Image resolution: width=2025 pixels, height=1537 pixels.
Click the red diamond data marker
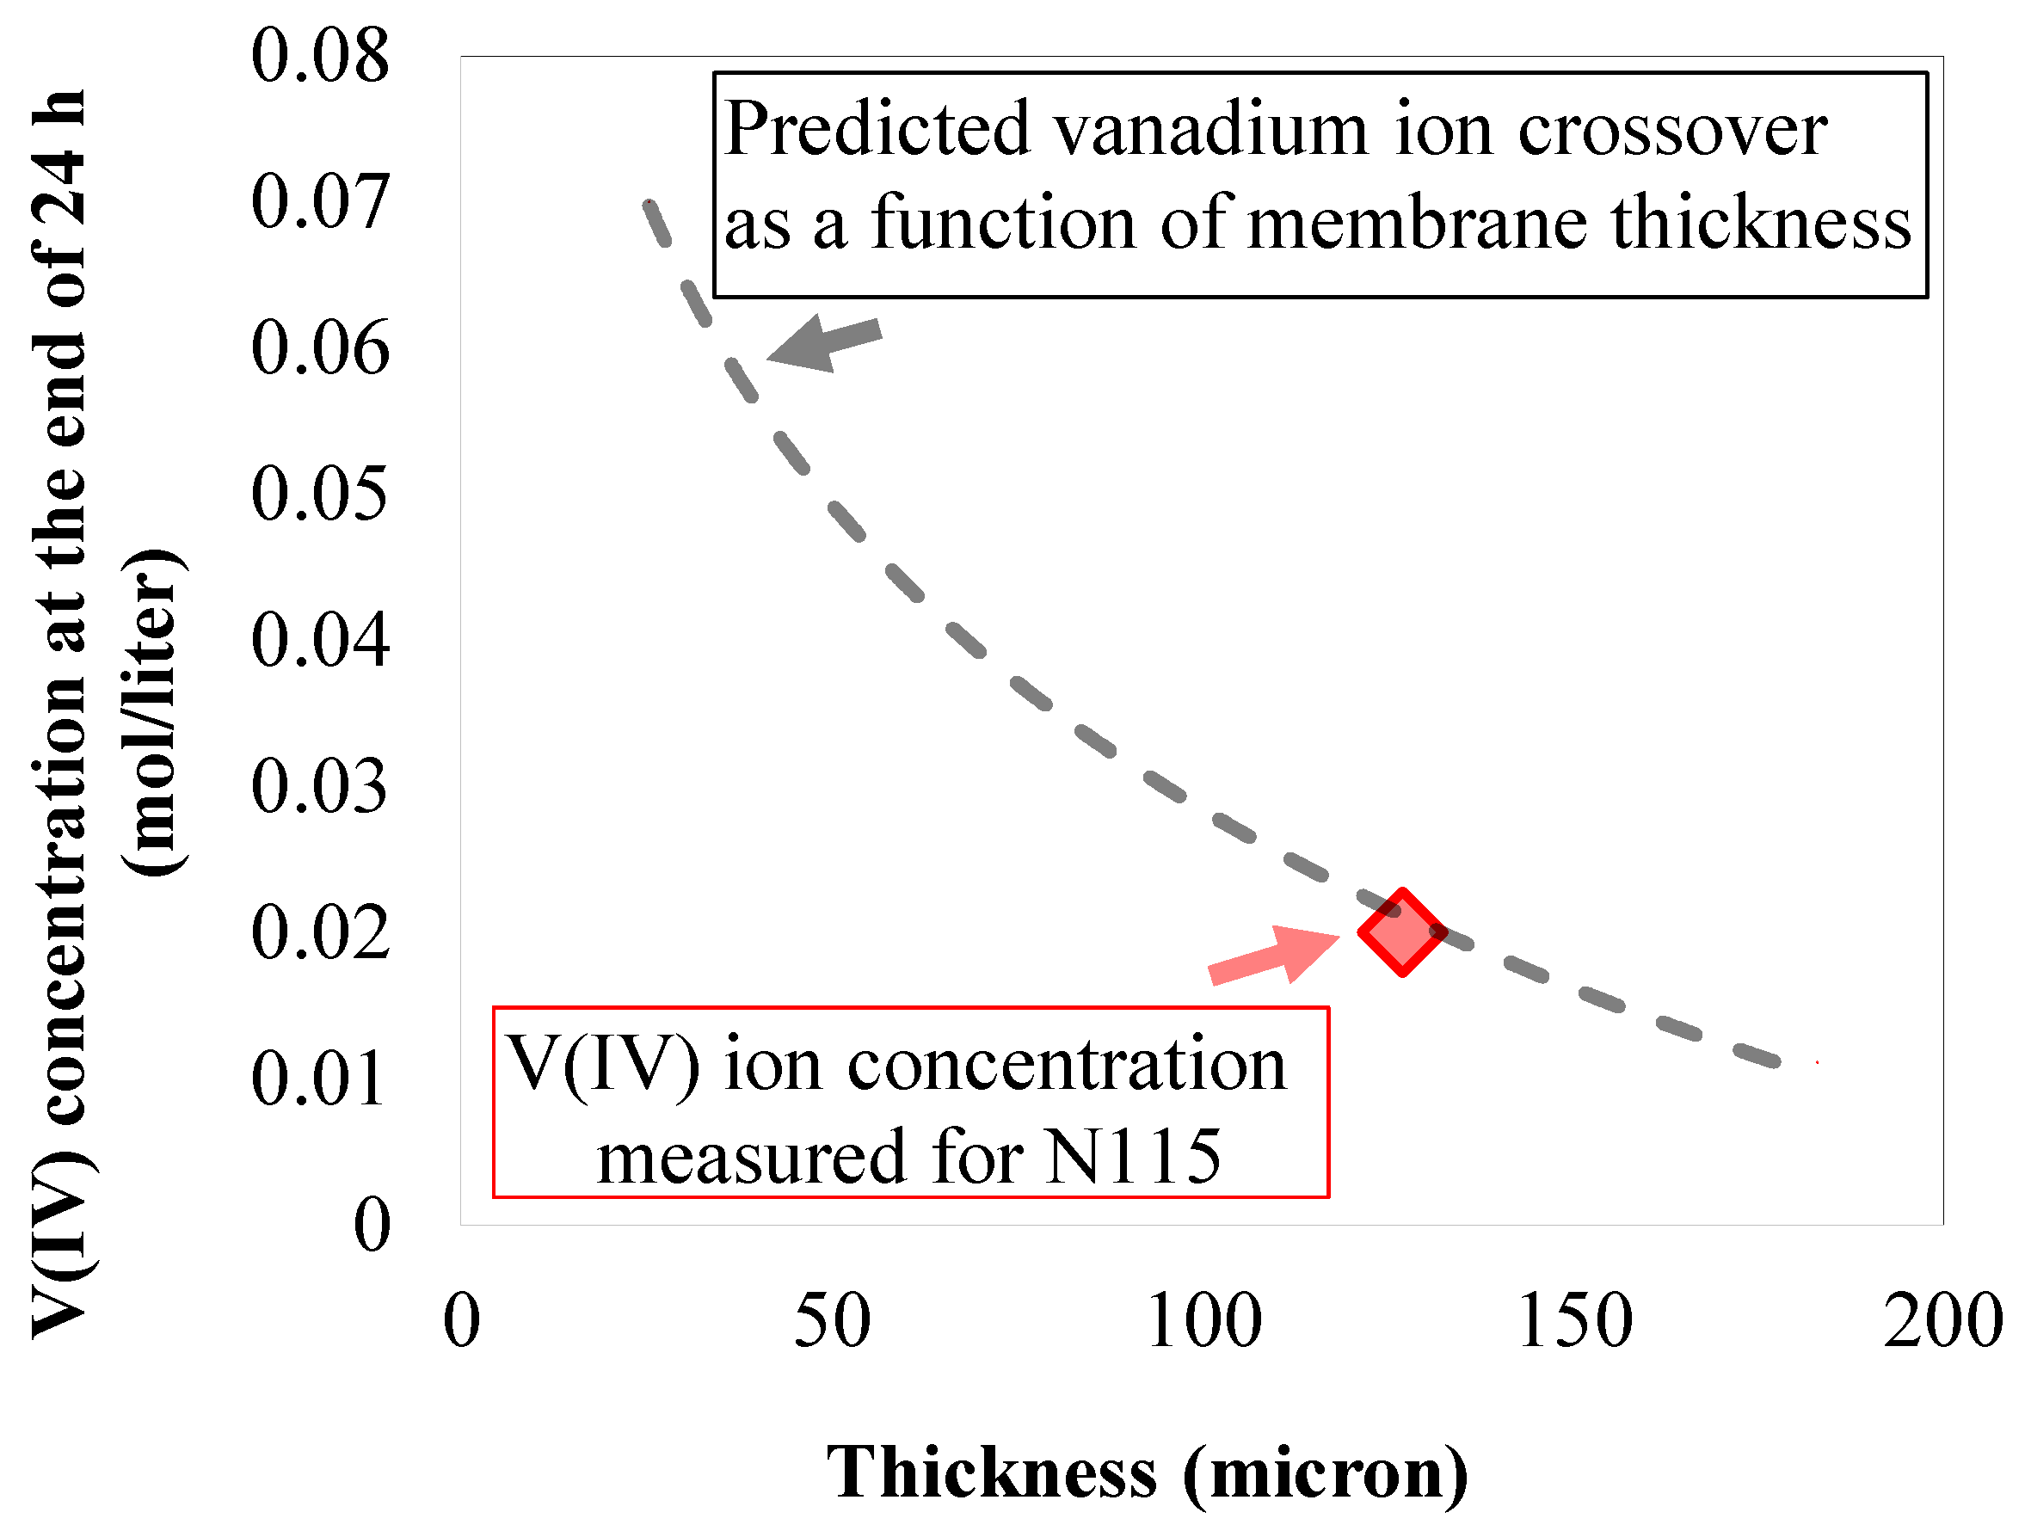pos(1401,931)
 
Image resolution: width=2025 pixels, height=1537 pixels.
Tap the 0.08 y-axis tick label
pos(319,56)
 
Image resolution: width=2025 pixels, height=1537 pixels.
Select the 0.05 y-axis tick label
pos(319,495)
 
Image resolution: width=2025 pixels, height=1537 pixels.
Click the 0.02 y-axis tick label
pos(319,933)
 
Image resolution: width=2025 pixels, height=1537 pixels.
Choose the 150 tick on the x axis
pos(1574,1321)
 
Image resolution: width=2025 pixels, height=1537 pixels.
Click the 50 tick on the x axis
pos(831,1321)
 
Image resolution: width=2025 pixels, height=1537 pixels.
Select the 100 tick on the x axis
pos(1203,1321)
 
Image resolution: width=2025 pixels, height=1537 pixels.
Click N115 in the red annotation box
pos(1132,1157)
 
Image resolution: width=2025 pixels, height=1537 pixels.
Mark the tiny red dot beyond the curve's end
pos(1817,1063)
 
